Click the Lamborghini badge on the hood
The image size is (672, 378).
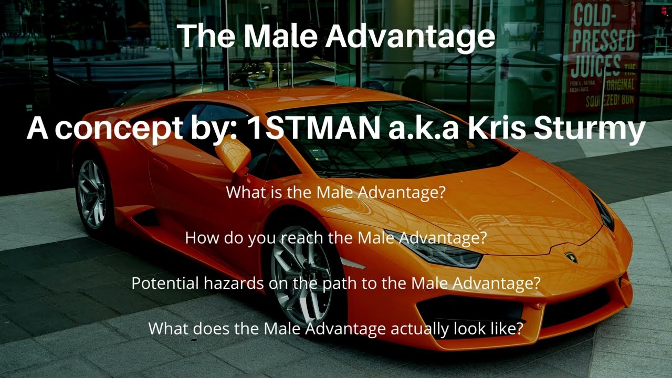coord(571,258)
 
